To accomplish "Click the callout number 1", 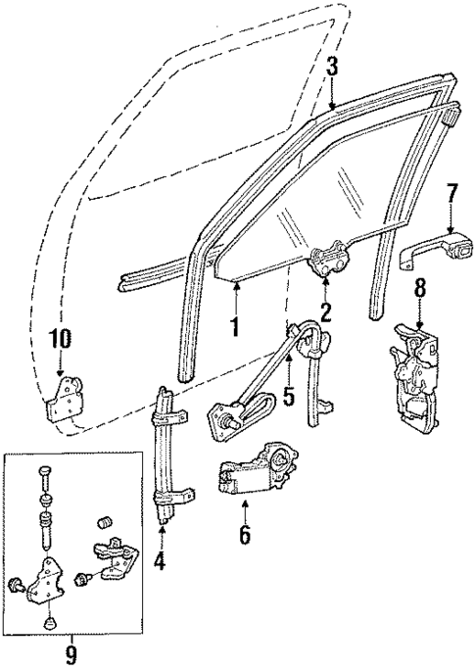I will (235, 325).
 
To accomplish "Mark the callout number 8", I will (419, 289).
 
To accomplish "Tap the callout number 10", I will (61, 339).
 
